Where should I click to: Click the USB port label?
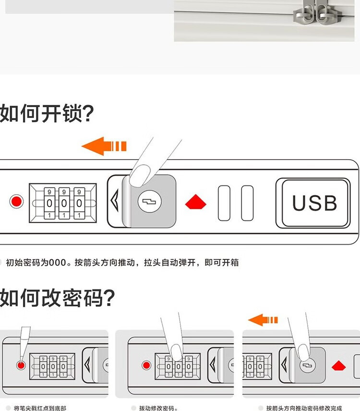[314, 203]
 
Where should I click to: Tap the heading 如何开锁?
[47, 113]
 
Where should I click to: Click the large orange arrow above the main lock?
[103, 146]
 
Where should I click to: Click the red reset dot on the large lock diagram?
[17, 202]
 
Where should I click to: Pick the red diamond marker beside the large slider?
[196, 202]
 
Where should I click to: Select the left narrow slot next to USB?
[224, 203]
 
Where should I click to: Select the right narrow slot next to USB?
[247, 203]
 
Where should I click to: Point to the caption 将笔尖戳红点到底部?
[40, 408]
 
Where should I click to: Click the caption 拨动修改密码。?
[158, 408]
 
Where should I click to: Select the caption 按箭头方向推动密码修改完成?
[304, 408]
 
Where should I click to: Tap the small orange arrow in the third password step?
[263, 320]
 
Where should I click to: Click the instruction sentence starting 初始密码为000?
[122, 262]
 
